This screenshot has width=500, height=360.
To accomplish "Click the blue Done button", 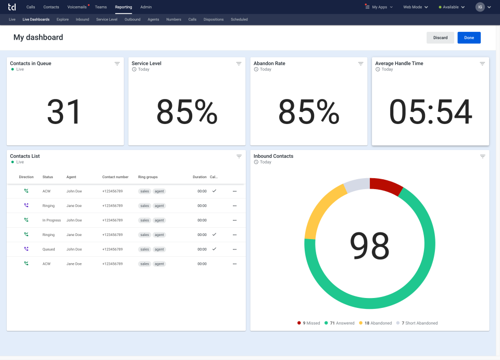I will (469, 38).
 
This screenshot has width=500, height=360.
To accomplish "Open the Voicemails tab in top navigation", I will (77, 7).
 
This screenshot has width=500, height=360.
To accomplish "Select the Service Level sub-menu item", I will (107, 19).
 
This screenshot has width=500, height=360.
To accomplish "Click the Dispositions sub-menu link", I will (214, 19).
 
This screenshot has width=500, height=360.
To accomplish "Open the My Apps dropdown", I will (379, 7).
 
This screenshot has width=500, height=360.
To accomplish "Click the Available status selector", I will (451, 7).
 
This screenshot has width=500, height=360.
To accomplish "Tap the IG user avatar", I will (480, 7).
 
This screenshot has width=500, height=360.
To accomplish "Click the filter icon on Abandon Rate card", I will (360, 64).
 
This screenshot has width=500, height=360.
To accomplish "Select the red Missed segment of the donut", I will (386, 185).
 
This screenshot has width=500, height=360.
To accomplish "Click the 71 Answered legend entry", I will (339, 323).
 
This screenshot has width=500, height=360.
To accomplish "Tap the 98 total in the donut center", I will (370, 246).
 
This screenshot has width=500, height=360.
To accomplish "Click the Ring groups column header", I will (148, 177).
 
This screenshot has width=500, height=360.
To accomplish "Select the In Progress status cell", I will (52, 220).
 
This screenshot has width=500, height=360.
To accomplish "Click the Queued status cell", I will (48, 250).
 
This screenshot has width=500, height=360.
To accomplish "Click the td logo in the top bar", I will (12, 7).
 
